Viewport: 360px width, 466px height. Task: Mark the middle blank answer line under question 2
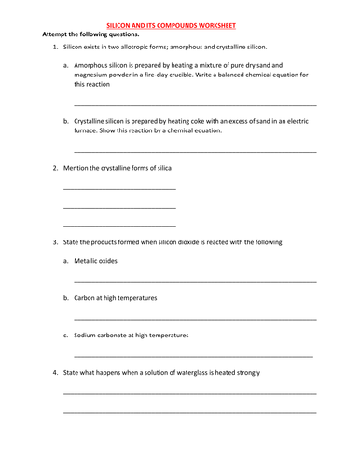pos(119,206)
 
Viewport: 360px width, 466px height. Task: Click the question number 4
pos(55,373)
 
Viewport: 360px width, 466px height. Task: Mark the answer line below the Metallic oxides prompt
pos(195,281)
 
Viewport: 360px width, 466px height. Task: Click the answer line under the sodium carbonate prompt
pos(193,356)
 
